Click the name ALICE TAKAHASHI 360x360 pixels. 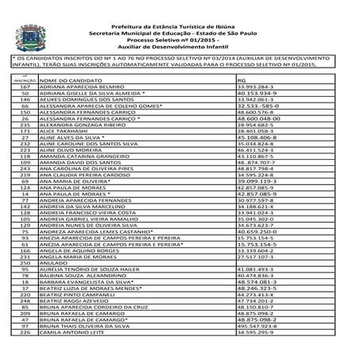click(x=64, y=130)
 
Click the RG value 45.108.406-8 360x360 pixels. click(x=257, y=137)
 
